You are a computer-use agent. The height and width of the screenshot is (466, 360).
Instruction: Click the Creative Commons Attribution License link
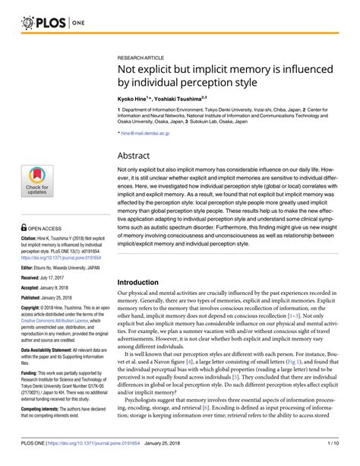pos(52,324)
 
